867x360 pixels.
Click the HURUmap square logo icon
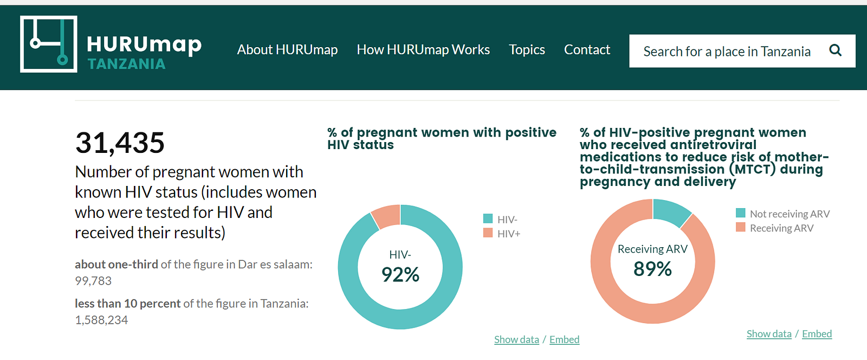click(49, 44)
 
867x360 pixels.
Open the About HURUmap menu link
click(287, 49)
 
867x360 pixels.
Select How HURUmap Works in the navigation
click(423, 49)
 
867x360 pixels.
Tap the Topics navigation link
click(527, 49)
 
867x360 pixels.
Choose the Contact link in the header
click(587, 49)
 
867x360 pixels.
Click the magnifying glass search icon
click(835, 50)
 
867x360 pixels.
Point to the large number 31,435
click(120, 143)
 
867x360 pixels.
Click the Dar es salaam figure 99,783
click(93, 281)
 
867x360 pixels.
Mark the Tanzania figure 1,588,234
click(101, 320)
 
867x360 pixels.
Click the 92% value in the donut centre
click(400, 274)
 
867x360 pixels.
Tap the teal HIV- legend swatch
click(488, 218)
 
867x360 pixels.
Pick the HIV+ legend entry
click(502, 234)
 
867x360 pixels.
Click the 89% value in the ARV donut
click(652, 269)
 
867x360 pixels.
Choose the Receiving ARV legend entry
click(775, 228)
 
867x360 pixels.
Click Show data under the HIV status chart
click(517, 339)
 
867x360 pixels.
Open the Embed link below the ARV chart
click(817, 333)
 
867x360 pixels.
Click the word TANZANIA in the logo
click(127, 64)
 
